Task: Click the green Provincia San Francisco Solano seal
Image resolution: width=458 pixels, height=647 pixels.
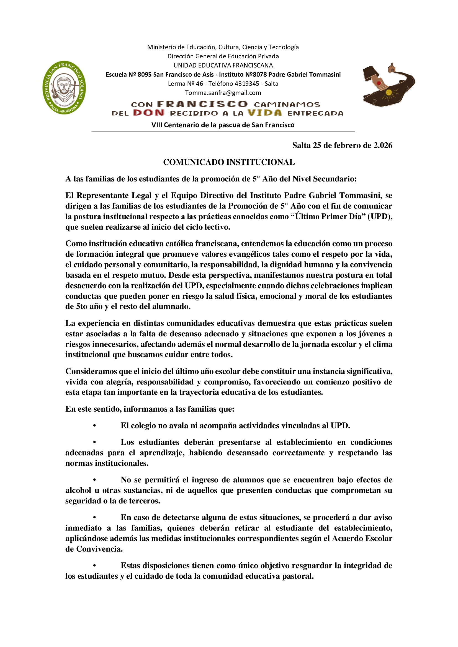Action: [x=64, y=87]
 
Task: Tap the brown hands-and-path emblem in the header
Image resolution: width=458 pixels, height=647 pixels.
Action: [x=388, y=84]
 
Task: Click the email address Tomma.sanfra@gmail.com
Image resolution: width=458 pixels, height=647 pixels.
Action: [x=223, y=93]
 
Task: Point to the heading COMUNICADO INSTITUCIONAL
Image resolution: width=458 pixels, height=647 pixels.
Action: [x=229, y=162]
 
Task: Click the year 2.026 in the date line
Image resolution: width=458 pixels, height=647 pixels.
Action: [x=383, y=145]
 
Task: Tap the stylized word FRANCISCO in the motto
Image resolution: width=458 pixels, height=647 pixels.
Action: [x=202, y=104]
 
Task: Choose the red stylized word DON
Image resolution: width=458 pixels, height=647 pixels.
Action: [x=149, y=113]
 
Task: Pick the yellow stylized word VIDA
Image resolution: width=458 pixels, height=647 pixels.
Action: [x=264, y=113]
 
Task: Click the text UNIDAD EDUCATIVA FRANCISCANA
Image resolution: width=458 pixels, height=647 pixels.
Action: [x=223, y=65]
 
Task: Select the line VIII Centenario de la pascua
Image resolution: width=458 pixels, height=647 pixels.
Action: [x=223, y=125]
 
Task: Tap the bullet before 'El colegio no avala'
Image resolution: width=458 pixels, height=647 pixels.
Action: [x=95, y=425]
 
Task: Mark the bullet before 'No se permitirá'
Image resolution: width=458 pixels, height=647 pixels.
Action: [x=95, y=480]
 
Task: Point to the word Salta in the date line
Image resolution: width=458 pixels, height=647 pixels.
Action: [x=301, y=145]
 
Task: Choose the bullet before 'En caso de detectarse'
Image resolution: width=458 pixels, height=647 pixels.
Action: [x=95, y=517]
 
